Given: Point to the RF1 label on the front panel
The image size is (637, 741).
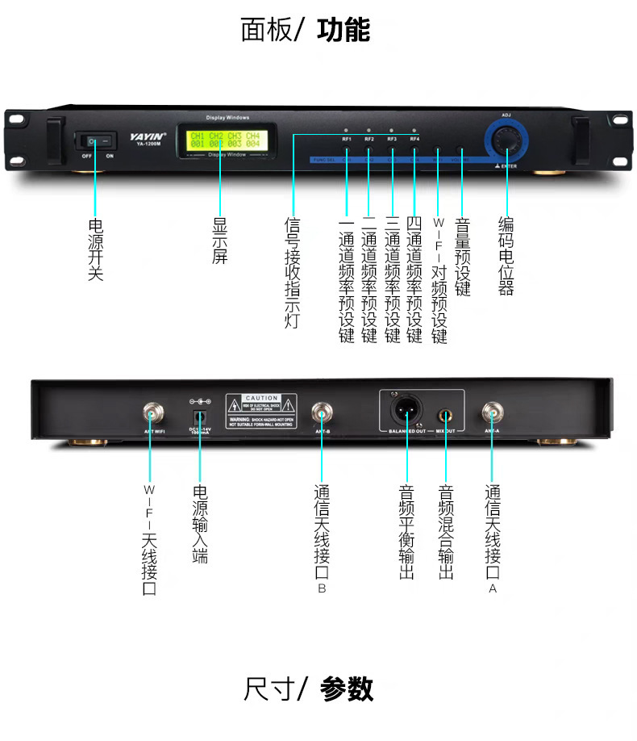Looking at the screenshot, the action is coord(347,140).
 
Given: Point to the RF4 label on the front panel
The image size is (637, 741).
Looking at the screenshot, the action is coord(414,140).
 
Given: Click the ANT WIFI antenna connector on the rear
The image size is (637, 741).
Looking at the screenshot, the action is coord(151,415).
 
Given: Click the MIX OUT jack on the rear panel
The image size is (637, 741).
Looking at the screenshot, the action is coord(445,417).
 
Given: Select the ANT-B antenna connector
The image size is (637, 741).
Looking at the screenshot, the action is coord(322,415).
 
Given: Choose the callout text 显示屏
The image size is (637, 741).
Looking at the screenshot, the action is coord(219,240).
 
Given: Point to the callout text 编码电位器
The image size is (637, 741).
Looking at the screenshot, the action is coord(506,256).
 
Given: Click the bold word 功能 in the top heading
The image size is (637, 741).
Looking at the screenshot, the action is coord(343,31).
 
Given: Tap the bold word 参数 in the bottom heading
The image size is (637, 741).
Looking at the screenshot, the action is coord(347,689).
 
